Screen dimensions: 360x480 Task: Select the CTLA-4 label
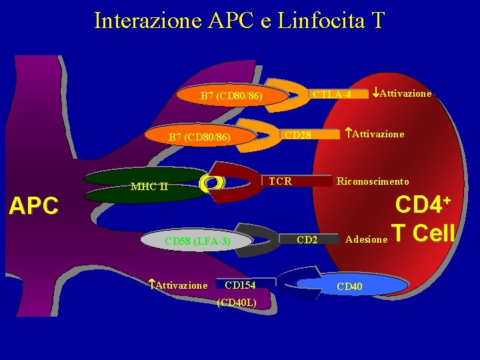(x=332, y=94)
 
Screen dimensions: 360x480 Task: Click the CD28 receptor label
(x=298, y=135)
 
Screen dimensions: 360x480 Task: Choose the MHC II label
(x=149, y=186)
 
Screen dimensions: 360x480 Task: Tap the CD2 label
(x=307, y=238)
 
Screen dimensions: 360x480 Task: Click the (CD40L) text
(x=237, y=303)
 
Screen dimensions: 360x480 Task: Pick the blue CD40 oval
(x=351, y=287)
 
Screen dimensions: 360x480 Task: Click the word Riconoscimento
(x=373, y=181)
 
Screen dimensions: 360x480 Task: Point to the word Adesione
(x=366, y=238)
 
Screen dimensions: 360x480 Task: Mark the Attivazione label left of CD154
(x=178, y=285)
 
